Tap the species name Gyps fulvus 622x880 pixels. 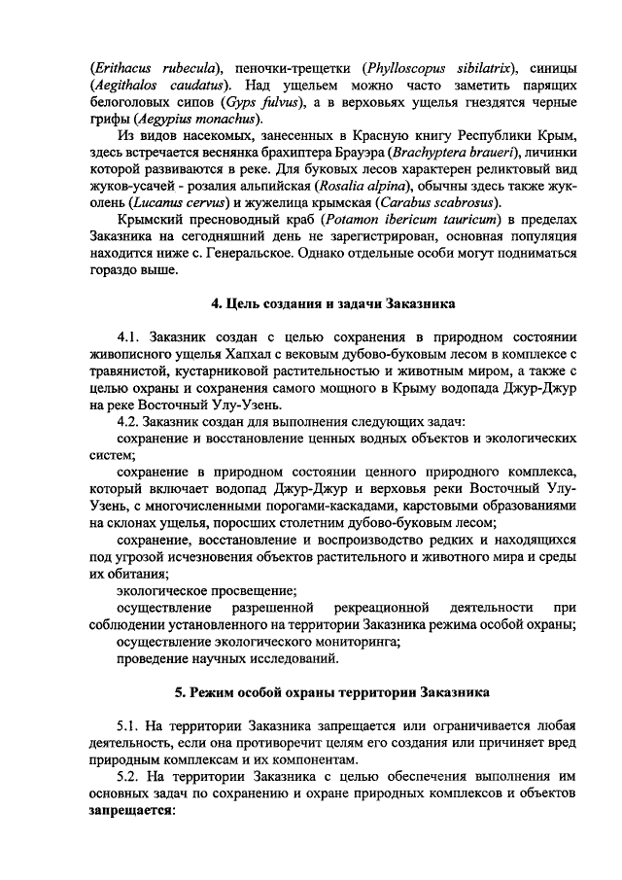[258, 101]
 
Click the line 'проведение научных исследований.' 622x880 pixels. [226, 659]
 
